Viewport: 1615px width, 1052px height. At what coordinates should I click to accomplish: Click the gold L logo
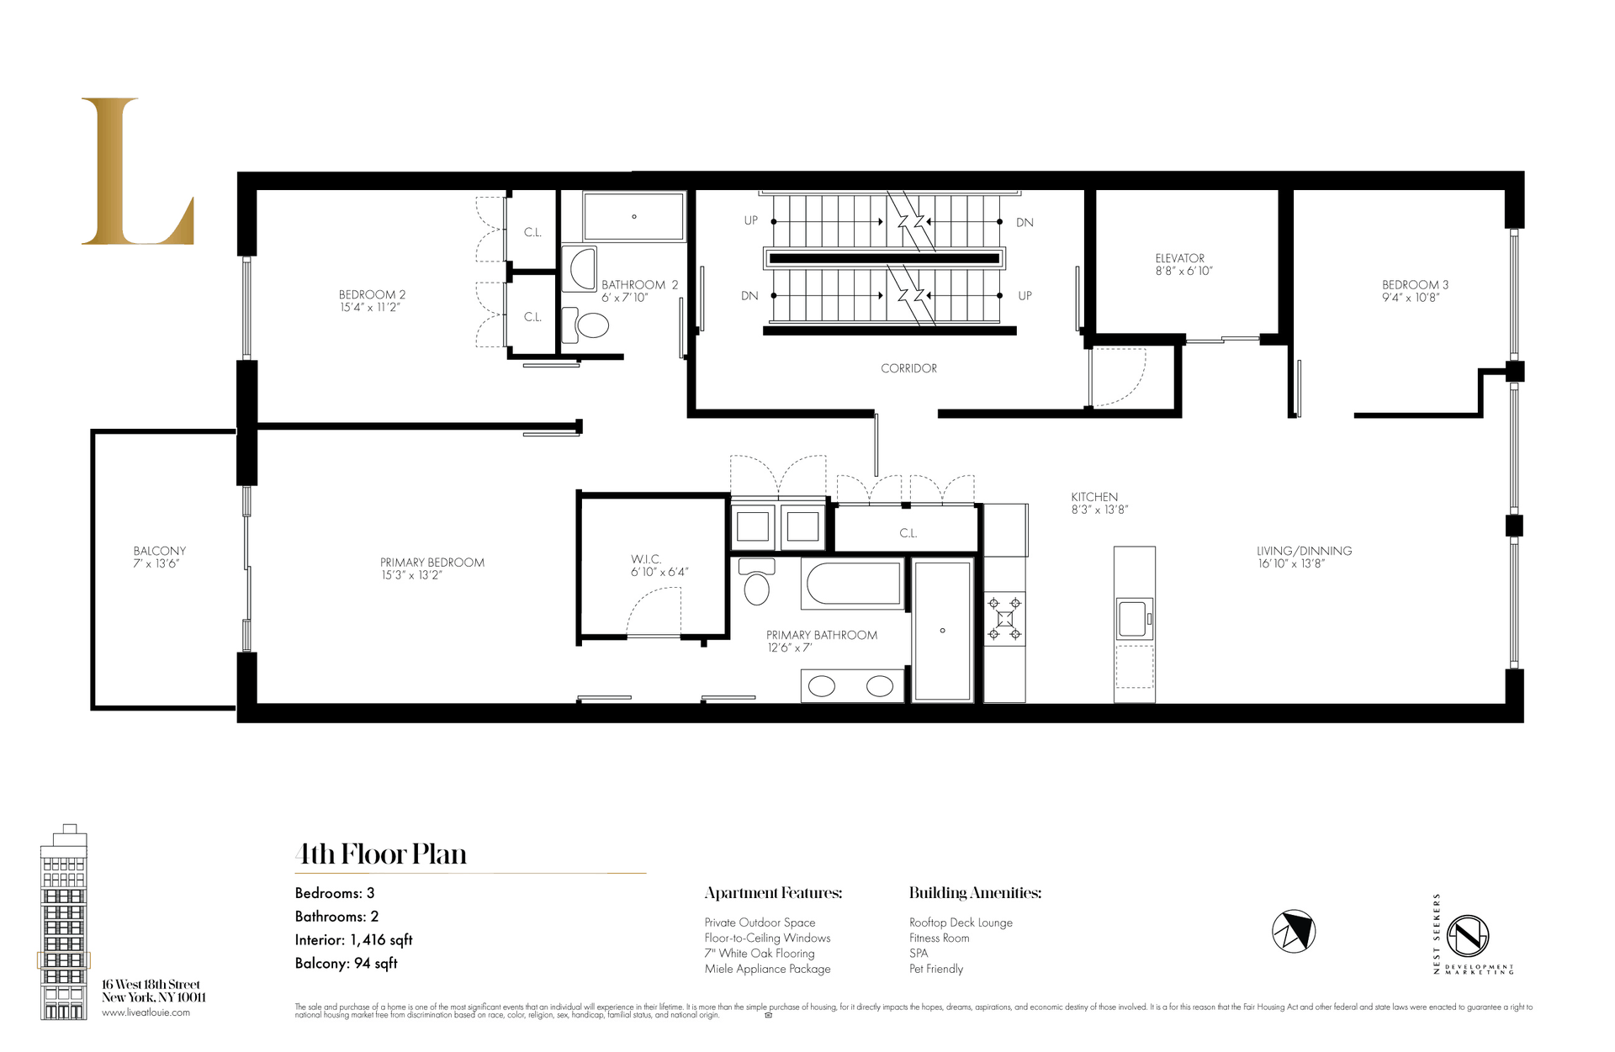coord(135,172)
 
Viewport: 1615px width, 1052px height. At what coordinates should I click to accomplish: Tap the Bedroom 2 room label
coord(372,294)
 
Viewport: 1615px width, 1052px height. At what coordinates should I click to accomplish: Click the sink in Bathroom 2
coord(580,268)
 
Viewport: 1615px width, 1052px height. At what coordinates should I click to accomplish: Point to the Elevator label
coord(1179,258)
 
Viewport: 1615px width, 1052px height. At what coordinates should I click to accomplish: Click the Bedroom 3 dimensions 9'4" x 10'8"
coord(1410,298)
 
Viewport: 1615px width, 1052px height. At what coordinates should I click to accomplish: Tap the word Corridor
coord(908,368)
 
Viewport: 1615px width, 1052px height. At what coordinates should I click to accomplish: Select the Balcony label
coord(159,551)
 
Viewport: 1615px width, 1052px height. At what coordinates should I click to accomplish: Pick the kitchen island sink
coord(1133,618)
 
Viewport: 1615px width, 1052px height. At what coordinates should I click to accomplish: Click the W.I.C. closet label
coord(646,559)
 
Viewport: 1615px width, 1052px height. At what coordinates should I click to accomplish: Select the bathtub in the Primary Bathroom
coord(853,582)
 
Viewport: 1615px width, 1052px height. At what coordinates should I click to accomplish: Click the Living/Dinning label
coord(1304,551)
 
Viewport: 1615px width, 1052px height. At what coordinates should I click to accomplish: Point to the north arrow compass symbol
coord(1293,931)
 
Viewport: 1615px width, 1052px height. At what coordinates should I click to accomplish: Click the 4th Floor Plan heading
coord(381,854)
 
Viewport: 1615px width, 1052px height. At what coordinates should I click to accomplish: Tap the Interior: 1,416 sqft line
coord(353,940)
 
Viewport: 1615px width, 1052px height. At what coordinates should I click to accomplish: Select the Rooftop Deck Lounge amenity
coord(961,922)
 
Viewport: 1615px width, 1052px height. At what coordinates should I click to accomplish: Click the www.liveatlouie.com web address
coord(146,1012)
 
